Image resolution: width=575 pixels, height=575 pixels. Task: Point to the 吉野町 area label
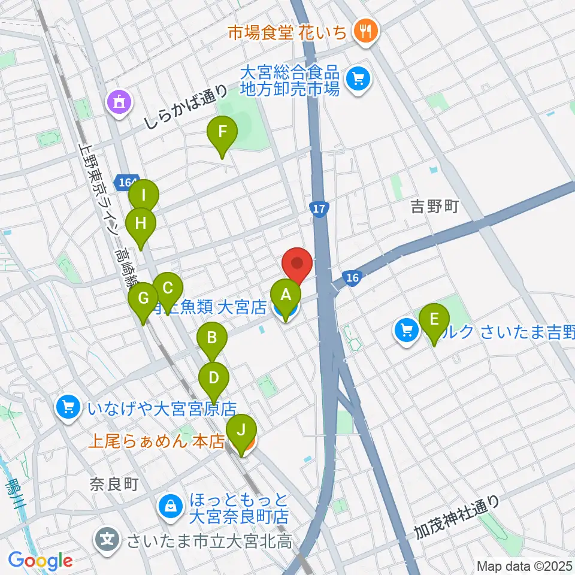point(434,207)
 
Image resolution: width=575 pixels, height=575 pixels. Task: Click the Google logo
point(40,561)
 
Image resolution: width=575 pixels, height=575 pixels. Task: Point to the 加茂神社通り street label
point(456,516)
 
